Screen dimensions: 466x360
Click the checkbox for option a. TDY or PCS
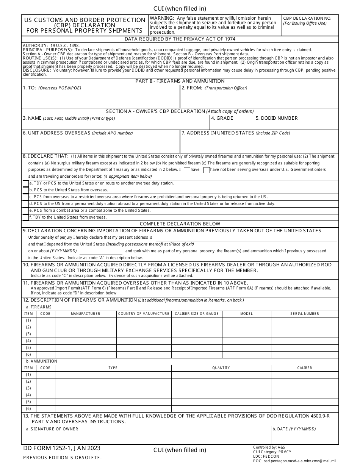tap(25, 183)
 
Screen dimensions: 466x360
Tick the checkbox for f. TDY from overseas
tap(25, 217)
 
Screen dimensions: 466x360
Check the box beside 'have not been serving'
tap(207, 170)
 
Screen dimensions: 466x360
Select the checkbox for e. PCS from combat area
tap(25, 211)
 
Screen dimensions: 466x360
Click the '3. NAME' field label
tap(32, 118)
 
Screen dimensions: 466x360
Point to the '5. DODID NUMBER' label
tap(277, 118)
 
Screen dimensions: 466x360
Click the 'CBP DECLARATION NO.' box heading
tap(307, 18)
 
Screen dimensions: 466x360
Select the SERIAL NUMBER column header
tap(305, 314)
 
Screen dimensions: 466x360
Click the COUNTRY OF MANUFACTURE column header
tap(144, 314)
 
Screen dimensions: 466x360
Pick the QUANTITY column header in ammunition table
tap(221, 368)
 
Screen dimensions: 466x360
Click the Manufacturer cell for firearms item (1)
tap(86, 321)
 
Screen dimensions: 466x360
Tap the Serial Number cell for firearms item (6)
tap(305, 355)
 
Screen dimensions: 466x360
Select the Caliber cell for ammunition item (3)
tap(305, 388)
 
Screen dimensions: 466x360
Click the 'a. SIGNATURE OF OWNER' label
tap(52, 429)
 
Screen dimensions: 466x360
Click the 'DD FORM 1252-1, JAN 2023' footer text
tap(62, 449)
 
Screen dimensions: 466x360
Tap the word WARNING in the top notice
tap(162, 18)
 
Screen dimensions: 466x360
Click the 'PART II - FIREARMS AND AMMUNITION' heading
tap(180, 81)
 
